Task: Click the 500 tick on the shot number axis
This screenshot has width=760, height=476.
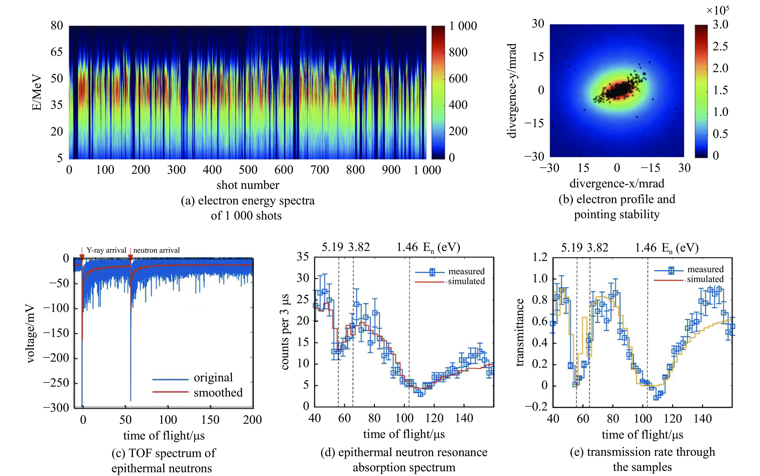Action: (x=248, y=170)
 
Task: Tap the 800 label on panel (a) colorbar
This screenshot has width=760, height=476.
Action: (x=458, y=52)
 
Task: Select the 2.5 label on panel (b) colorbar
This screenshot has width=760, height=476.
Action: (x=720, y=46)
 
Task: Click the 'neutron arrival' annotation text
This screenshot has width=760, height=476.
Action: (x=156, y=250)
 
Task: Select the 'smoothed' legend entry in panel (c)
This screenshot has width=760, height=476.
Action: (x=218, y=393)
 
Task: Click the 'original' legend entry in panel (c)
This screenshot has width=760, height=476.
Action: (x=213, y=377)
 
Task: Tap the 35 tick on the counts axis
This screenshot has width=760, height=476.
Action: (x=303, y=257)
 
